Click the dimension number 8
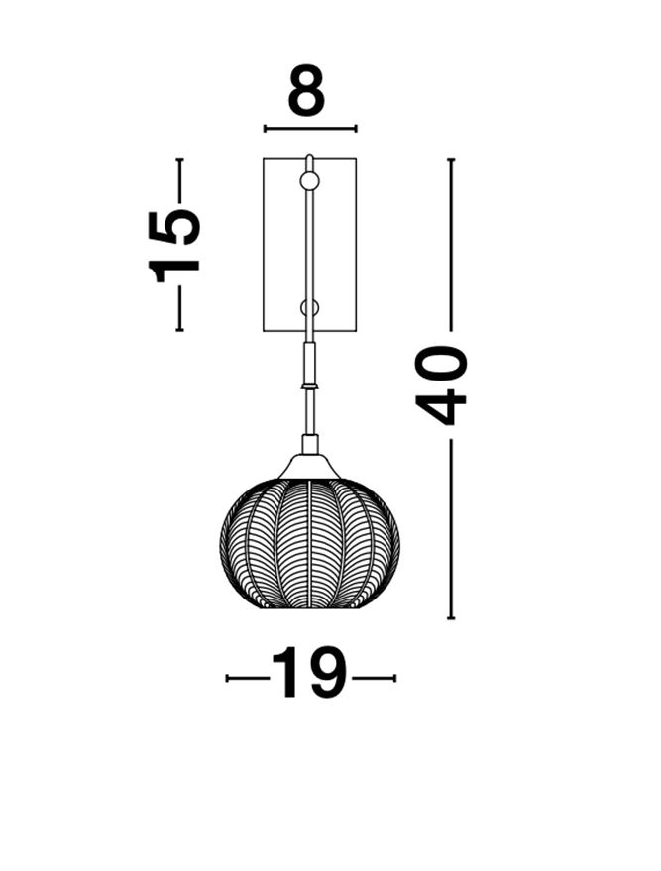(306, 92)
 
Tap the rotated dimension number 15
(175, 245)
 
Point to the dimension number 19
(309, 674)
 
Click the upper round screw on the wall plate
(309, 180)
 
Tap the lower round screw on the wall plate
(309, 307)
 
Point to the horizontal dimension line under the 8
(309, 128)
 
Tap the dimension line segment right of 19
(374, 678)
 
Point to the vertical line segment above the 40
(451, 243)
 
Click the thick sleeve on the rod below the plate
(309, 363)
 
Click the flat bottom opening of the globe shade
(309, 605)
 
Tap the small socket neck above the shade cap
(309, 444)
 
